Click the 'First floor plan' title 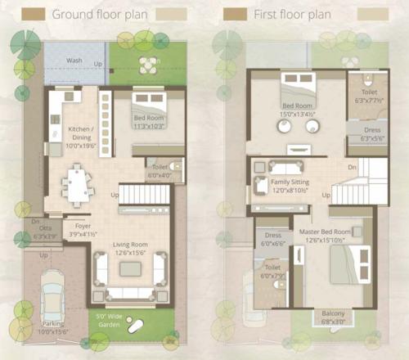click(x=293, y=14)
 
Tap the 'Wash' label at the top click(x=74, y=61)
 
